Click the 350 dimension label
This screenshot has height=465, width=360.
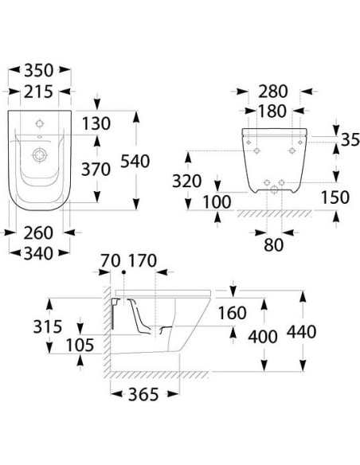pyautogui.click(x=39, y=71)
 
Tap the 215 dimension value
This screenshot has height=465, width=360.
pyautogui.click(x=38, y=92)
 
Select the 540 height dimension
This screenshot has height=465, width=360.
pyautogui.click(x=135, y=162)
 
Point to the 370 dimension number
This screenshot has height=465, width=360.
pyautogui.click(x=96, y=170)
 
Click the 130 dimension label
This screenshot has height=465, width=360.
pyautogui.click(x=96, y=123)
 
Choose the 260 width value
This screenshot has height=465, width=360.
pyautogui.click(x=38, y=233)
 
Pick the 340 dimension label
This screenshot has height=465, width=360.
pyautogui.click(x=38, y=254)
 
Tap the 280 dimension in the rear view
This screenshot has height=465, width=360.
pyautogui.click(x=273, y=92)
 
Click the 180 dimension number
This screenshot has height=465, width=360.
pyautogui.click(x=272, y=111)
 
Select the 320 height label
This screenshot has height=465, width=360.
pyautogui.click(x=187, y=182)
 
